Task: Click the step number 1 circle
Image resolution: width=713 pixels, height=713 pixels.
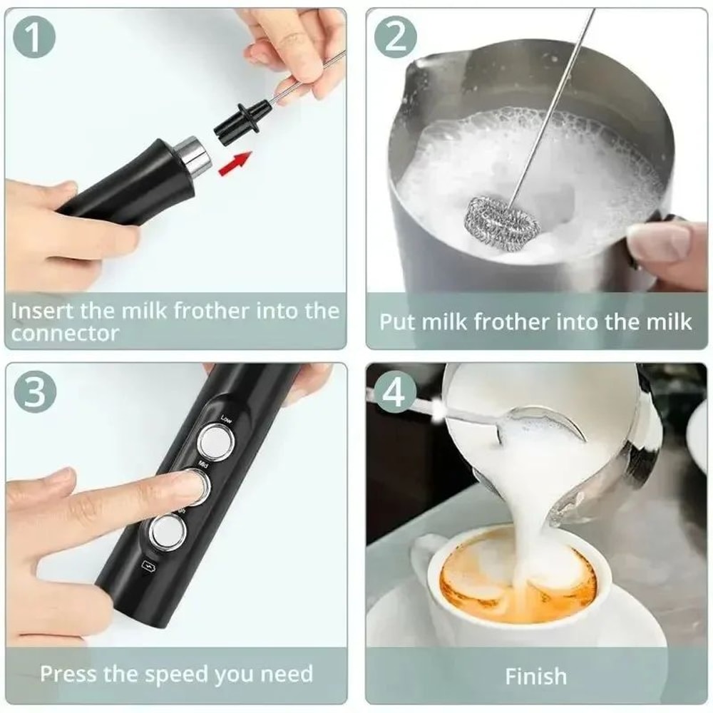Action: (34, 38)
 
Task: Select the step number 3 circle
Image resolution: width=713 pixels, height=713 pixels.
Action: (34, 394)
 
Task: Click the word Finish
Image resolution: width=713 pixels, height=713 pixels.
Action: (536, 676)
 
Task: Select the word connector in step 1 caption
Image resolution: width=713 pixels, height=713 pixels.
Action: (65, 334)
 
